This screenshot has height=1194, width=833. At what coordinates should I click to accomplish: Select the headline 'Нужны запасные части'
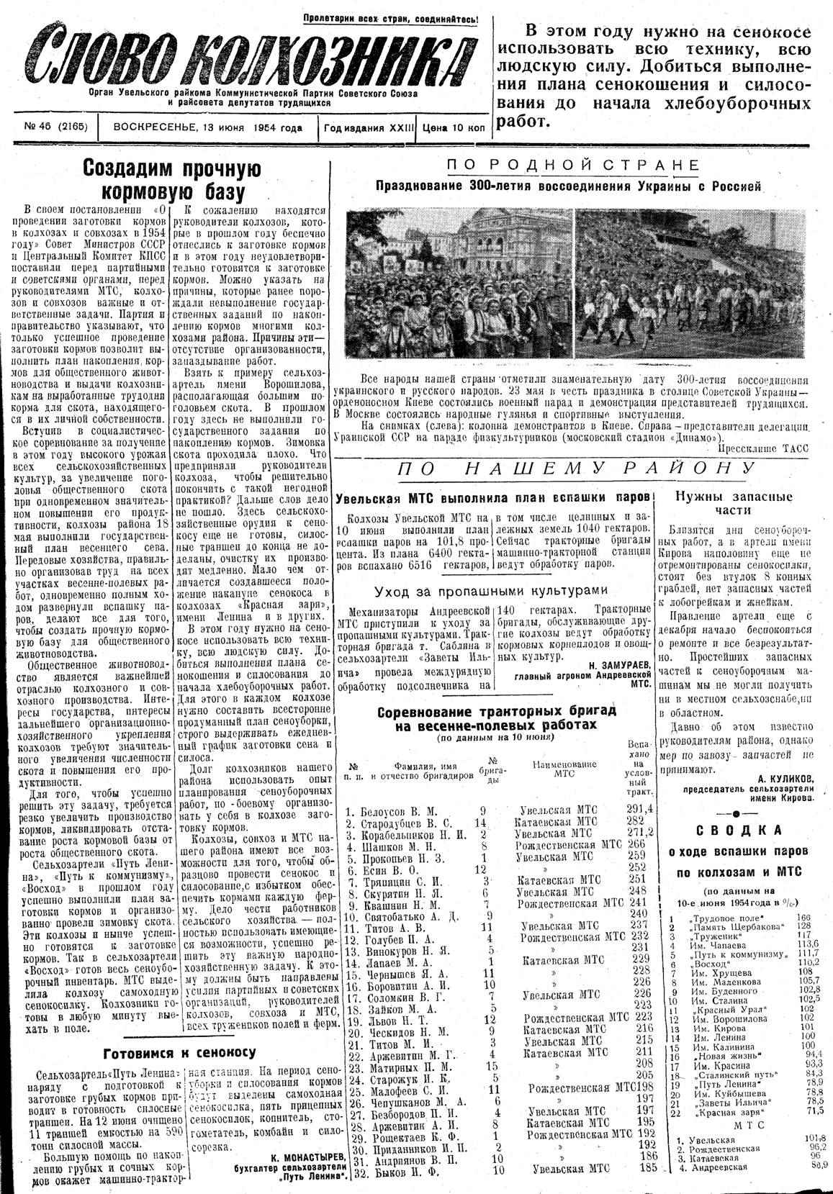pyautogui.click(x=733, y=503)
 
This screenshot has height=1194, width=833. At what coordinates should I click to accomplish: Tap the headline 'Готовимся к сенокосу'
pyautogui.click(x=179, y=1052)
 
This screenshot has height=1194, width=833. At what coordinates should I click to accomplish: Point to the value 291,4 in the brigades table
pyautogui.click(x=639, y=808)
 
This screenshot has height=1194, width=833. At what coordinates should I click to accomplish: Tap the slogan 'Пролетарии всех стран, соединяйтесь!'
pyautogui.click(x=390, y=19)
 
